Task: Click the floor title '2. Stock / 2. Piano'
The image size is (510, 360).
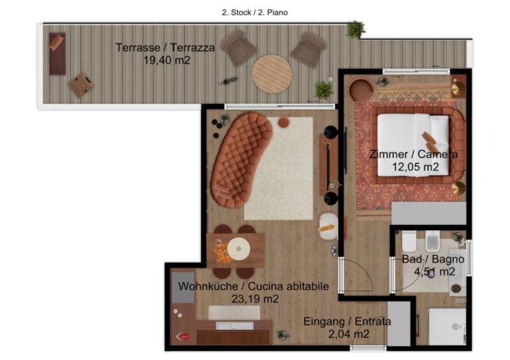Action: [x=254, y=13]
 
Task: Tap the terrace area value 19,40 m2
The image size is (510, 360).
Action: [x=167, y=60]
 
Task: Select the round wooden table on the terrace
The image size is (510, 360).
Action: [x=272, y=74]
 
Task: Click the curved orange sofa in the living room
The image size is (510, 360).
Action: [x=240, y=159]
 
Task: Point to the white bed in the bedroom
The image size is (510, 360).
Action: [x=413, y=145]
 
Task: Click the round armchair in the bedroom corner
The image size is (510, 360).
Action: [x=361, y=90]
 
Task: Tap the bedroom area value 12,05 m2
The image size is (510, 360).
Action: [x=416, y=167]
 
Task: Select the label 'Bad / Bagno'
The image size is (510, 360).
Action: [x=433, y=259]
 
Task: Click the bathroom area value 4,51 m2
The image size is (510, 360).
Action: [x=434, y=271]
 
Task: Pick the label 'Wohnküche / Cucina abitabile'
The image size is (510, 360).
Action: [x=253, y=287]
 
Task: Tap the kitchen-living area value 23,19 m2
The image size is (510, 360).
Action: [x=255, y=299]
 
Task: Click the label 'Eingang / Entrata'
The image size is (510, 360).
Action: [x=347, y=322]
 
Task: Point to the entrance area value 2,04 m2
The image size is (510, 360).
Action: [x=349, y=334]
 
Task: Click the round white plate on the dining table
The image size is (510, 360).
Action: [x=238, y=248]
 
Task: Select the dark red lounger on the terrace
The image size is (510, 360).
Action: [x=57, y=54]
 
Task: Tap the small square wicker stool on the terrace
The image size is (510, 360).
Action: [x=81, y=85]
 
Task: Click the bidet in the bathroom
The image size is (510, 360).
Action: [x=433, y=241]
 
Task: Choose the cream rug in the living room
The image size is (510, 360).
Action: [x=279, y=168]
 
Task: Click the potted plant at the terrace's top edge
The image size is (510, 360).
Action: [x=355, y=29]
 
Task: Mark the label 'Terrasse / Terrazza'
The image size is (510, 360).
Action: [x=165, y=48]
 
